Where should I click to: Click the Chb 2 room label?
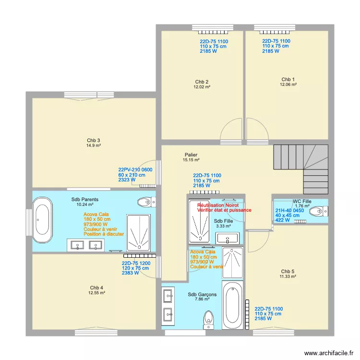pyautogui.click(x=202, y=81)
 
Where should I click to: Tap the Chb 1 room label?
pyautogui.click(x=288, y=79)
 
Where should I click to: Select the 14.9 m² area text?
pyautogui.click(x=93, y=145)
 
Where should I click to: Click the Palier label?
pyautogui.click(x=191, y=155)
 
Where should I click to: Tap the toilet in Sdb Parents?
pyautogui.click(x=146, y=202)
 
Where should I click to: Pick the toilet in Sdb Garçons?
pyautogui.click(x=209, y=319)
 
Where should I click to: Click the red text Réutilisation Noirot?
pyautogui.click(x=221, y=205)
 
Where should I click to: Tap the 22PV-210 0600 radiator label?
pyautogui.click(x=135, y=169)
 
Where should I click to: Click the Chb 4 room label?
pyautogui.click(x=96, y=288)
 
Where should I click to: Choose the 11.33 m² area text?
pyautogui.click(x=288, y=276)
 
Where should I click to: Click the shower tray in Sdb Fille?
pyautogui.click(x=199, y=221)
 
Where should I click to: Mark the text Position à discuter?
pyautogui.click(x=104, y=234)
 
